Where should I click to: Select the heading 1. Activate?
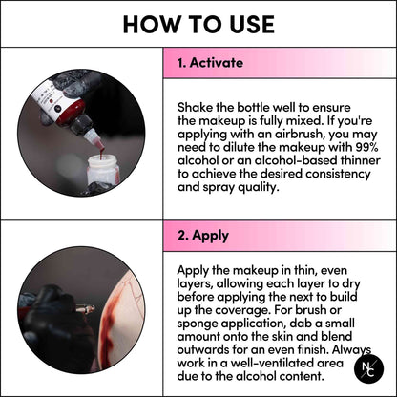coord(210,63)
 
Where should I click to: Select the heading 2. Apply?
coord(203,236)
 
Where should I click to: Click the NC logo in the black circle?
coord(368,368)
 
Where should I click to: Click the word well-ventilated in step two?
coord(271,363)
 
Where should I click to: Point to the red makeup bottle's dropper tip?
coord(98,143)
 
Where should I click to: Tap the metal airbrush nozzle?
coord(85,308)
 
